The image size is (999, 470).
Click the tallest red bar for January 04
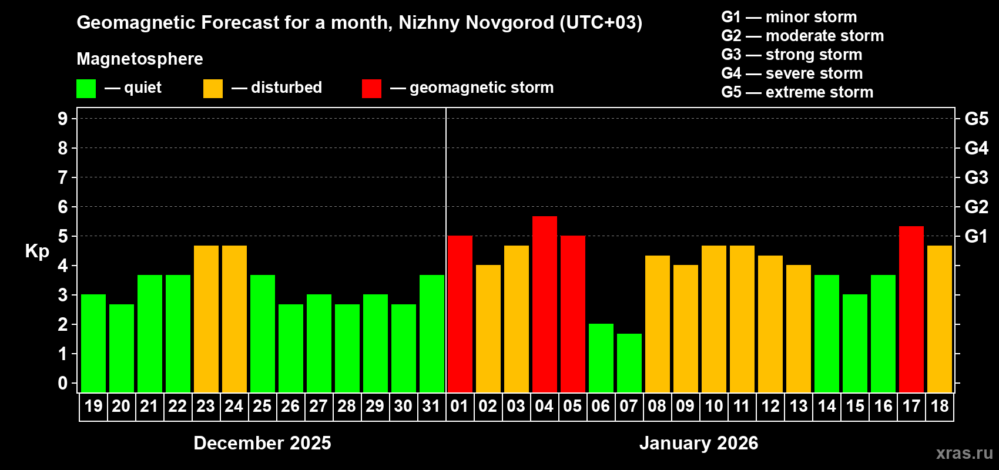pos(545,304)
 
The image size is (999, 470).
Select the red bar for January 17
pos(911,309)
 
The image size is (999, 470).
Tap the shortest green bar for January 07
pos(629,362)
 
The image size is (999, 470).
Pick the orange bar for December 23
pos(206,318)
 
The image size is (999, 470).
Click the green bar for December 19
pos(93,343)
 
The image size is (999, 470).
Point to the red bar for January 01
pos(460,314)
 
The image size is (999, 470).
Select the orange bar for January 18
pos(940,318)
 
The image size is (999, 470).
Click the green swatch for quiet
pos(86,89)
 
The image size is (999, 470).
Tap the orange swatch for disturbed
pos(213,89)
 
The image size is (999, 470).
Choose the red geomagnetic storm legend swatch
pos(371,89)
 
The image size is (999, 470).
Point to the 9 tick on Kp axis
pos(63,119)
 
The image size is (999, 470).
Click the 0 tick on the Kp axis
pos(63,384)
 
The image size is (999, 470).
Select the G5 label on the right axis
pos(976,119)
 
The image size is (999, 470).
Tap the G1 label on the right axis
pos(976,236)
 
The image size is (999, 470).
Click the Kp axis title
pos(37,251)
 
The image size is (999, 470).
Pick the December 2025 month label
pos(262,443)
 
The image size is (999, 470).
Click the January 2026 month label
pos(699,443)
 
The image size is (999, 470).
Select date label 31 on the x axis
pos(431,407)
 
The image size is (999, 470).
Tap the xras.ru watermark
pos(964,453)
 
